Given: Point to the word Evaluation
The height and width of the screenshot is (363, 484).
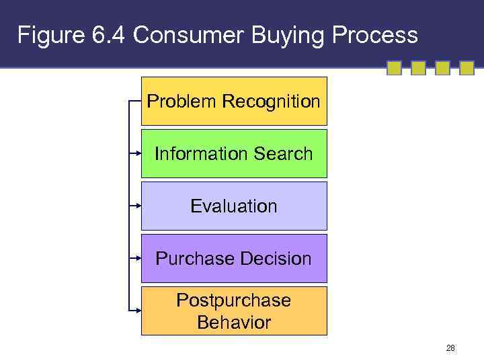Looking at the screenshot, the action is [x=234, y=206].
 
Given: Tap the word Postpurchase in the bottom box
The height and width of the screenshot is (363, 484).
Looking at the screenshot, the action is [x=234, y=300].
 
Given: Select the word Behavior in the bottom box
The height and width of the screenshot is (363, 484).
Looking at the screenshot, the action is [x=234, y=322].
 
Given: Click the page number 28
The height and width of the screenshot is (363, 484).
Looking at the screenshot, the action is [x=450, y=348].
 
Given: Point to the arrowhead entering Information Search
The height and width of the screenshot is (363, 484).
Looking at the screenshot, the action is [x=136, y=153].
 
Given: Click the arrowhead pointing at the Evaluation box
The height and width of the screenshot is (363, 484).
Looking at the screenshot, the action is [x=136, y=206].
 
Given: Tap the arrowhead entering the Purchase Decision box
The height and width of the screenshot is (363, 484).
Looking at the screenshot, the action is [x=136, y=258].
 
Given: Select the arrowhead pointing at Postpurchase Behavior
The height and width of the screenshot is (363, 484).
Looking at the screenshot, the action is [x=136, y=311].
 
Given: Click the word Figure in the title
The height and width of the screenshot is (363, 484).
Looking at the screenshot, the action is [x=50, y=36].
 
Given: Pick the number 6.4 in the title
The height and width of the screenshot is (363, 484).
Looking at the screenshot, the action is [x=108, y=36].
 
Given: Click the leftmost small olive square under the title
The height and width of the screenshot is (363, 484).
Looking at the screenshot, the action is [x=394, y=68].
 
